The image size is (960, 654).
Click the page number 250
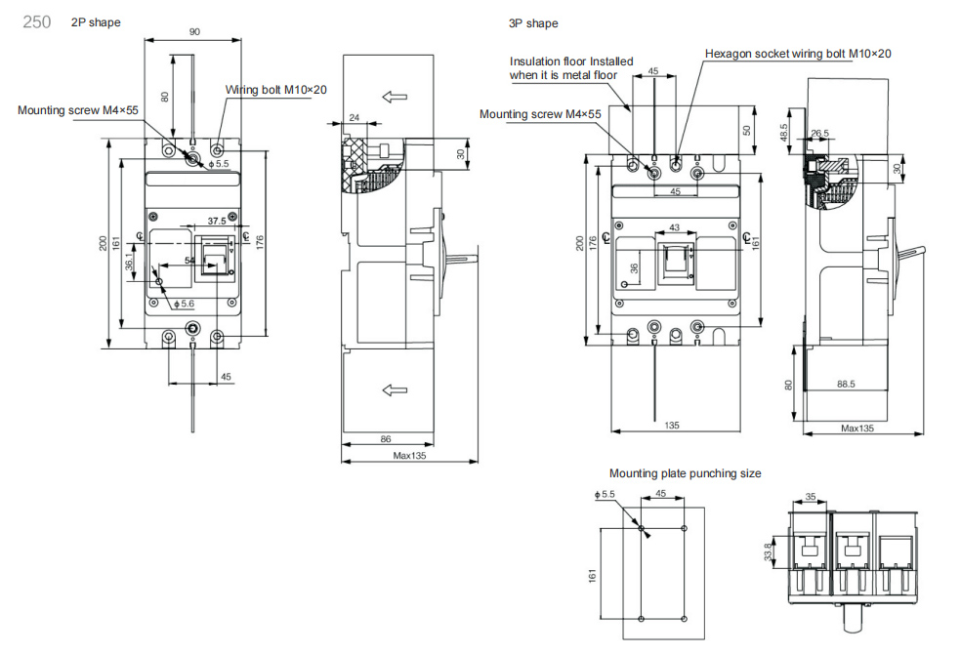click(37, 22)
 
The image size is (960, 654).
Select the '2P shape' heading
click(96, 22)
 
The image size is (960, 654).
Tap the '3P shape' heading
click(533, 23)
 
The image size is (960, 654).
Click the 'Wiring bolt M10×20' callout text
click(276, 90)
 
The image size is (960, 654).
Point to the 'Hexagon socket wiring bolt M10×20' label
click(798, 54)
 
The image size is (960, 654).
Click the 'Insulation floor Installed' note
click(571, 61)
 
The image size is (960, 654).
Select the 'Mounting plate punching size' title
click(686, 472)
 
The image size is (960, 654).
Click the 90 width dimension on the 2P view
click(194, 32)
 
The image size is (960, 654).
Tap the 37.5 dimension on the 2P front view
click(216, 221)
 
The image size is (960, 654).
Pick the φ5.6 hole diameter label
click(184, 304)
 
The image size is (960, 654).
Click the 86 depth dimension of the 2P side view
click(386, 438)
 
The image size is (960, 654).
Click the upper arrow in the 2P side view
click(395, 97)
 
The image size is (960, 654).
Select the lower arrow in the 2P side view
click(395, 389)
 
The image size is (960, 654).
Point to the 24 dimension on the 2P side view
click(354, 117)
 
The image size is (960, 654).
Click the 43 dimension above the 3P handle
click(674, 227)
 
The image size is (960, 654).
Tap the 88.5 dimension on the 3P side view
click(846, 385)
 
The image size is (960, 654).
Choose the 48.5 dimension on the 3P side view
click(784, 133)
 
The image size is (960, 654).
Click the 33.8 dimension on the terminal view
click(768, 552)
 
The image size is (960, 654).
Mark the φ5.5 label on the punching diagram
click(605, 494)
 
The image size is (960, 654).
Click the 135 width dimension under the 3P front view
click(672, 426)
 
